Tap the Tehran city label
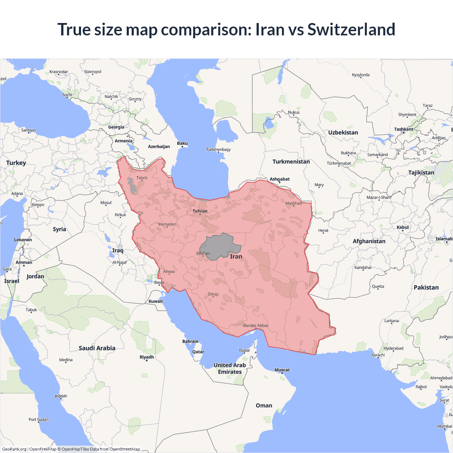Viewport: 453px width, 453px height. point(200,211)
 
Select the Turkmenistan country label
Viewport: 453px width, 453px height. point(291,162)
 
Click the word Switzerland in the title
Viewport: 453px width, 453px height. point(351,29)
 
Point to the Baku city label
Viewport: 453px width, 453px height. point(182,143)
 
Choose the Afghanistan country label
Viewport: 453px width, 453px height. point(369,241)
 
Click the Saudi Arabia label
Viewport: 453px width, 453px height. point(97,348)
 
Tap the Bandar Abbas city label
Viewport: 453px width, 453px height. point(256,326)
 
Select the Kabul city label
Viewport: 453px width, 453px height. point(403,227)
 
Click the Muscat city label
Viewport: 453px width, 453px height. point(282,370)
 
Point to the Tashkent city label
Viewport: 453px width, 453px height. point(403,129)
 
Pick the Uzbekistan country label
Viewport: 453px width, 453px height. point(343,133)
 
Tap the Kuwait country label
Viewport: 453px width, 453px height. point(156,302)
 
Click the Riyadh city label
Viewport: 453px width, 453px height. point(147,357)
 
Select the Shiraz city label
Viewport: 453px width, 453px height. point(213,294)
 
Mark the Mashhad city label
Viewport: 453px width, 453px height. point(293,203)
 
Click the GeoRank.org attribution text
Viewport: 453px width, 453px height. point(14,449)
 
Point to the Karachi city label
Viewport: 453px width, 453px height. point(378,355)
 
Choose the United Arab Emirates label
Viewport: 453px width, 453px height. point(230,368)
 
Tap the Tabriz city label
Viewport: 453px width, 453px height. point(142,178)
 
